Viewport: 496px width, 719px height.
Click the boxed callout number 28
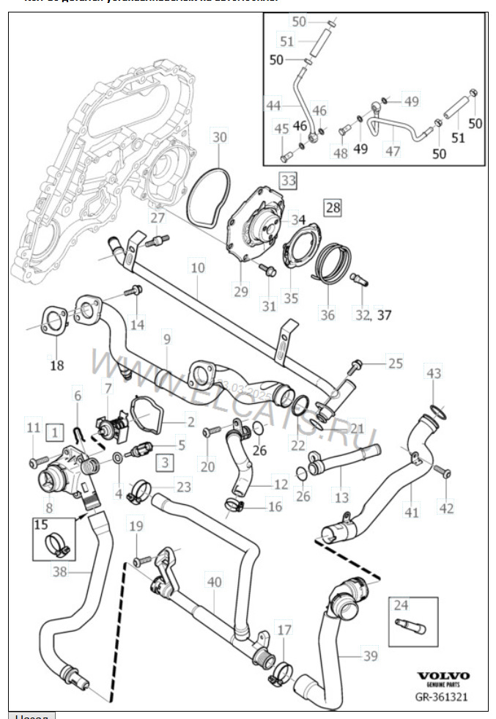(333, 208)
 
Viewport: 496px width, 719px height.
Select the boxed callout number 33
(288, 179)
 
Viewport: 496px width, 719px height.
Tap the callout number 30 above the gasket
(220, 136)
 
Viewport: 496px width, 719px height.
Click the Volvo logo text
(444, 676)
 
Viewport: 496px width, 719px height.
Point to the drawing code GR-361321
(443, 697)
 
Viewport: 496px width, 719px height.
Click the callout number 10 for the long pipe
(197, 268)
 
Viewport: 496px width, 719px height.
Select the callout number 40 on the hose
(214, 583)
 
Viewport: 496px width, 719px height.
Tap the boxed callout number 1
(53, 432)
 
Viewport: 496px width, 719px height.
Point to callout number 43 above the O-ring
(434, 374)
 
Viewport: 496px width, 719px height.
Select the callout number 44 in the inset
(273, 106)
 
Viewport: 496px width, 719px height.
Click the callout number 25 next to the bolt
(395, 363)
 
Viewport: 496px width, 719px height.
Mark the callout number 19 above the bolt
(136, 526)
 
